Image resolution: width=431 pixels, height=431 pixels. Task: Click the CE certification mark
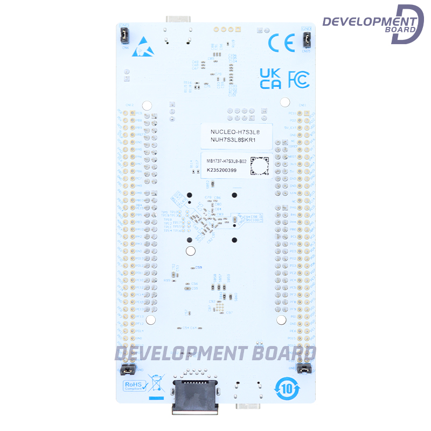coord(282,43)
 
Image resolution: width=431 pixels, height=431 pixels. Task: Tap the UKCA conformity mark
coord(270,79)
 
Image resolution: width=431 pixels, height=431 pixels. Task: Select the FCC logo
coord(299,79)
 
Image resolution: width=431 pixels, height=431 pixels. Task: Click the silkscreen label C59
coord(199,267)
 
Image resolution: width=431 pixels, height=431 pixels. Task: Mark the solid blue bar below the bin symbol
coord(156,398)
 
